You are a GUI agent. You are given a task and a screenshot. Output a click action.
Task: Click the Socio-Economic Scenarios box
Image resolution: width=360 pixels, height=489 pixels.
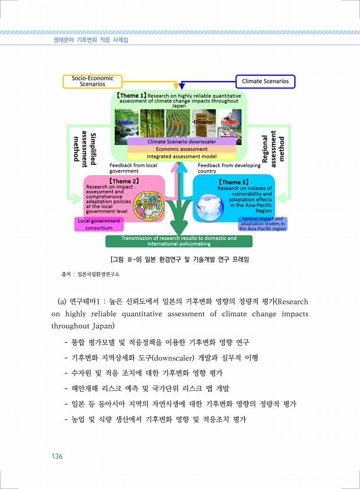coord(88,81)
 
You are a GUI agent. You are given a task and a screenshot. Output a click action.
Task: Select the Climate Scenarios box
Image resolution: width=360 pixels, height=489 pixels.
coord(265,81)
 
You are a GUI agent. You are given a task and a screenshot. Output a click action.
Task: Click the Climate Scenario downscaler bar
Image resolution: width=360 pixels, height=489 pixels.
coord(181,141)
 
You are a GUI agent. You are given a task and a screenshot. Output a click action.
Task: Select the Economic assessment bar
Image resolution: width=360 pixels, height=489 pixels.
coord(181,149)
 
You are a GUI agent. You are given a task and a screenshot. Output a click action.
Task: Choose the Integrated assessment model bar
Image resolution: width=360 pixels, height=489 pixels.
coord(181,157)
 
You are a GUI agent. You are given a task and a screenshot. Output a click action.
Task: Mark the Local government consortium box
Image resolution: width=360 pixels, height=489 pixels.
coord(99,224)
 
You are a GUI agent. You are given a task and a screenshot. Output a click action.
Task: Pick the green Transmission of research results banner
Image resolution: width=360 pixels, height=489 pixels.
coord(179,241)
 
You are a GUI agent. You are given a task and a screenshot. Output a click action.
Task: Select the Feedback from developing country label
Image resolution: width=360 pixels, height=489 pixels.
coord(229,168)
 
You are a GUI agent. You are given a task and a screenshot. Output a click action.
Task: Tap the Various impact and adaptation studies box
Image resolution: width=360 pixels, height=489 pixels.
coord(262,224)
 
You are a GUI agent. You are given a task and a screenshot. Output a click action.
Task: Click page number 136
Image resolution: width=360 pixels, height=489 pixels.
coord(56,456)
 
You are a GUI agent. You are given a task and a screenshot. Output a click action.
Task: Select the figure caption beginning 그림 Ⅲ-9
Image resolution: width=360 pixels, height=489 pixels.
coord(179,258)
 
